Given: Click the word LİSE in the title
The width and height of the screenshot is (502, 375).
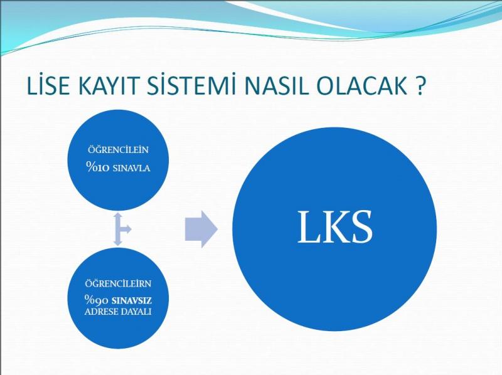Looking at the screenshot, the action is (x=48, y=85).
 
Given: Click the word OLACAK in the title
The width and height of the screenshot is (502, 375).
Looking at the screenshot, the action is (x=362, y=86).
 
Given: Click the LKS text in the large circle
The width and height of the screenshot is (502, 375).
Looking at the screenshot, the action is (x=335, y=228).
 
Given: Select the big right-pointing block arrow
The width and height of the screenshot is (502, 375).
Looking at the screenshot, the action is (x=201, y=229).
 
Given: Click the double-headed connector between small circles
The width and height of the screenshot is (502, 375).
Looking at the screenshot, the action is (x=118, y=229).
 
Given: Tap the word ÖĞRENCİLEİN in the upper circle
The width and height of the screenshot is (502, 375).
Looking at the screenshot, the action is (x=118, y=150).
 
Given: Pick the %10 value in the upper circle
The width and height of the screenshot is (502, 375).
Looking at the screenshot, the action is (x=98, y=167).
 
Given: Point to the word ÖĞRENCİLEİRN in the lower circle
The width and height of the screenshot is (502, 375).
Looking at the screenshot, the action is (x=118, y=283).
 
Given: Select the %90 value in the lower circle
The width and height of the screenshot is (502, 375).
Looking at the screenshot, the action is (x=97, y=300).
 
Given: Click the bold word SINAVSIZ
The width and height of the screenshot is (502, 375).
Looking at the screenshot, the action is (x=132, y=301).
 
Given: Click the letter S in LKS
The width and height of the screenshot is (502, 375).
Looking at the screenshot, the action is (x=361, y=228).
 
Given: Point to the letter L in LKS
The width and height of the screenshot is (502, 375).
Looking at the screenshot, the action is (x=308, y=228).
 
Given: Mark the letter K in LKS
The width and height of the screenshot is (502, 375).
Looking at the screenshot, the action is (x=334, y=228).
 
